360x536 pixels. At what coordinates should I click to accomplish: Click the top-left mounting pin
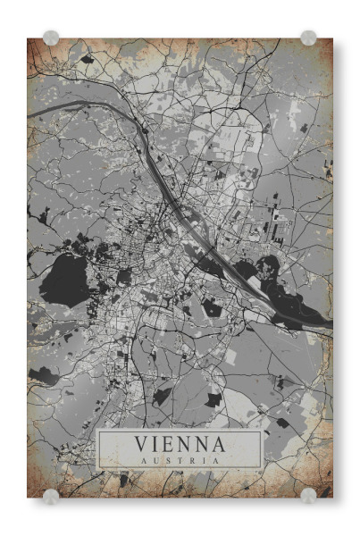tap(51, 38)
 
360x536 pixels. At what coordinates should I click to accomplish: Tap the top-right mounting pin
tap(308, 38)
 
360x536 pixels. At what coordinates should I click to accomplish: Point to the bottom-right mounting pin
tap(308, 495)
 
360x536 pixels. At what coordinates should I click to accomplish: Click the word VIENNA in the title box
tap(180, 443)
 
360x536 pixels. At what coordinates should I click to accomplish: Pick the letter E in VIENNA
tap(168, 443)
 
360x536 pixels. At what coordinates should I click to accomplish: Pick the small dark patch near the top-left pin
tap(87, 59)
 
